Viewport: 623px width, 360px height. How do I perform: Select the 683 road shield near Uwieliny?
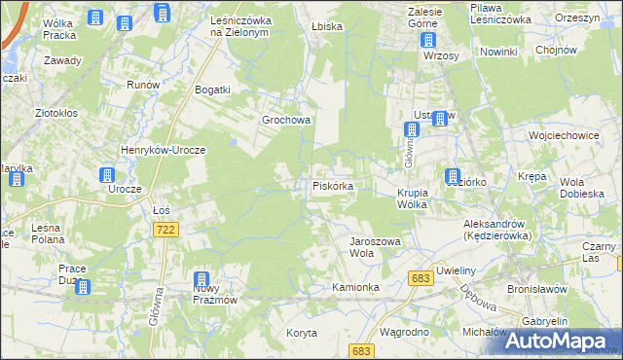tap(421, 278)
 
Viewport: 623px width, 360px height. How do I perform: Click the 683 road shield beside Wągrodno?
tap(361, 350)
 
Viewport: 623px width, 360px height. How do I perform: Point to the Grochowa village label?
tap(285, 121)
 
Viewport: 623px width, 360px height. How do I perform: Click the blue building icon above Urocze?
tap(107, 175)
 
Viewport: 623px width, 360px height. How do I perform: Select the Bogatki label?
tap(212, 90)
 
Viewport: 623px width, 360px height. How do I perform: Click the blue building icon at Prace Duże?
tap(82, 287)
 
